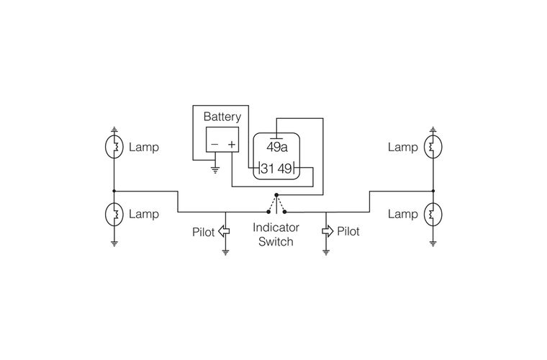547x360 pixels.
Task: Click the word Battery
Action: (x=222, y=117)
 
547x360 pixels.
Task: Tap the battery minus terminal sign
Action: (x=213, y=145)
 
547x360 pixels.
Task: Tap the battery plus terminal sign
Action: (x=232, y=145)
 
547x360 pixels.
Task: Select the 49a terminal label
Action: (x=277, y=148)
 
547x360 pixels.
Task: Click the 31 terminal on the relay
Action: (x=267, y=169)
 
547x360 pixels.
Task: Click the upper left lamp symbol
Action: (x=114, y=147)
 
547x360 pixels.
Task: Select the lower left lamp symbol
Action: (x=114, y=214)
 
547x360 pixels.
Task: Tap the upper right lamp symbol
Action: (x=433, y=147)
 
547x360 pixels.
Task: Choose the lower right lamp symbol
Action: (x=433, y=214)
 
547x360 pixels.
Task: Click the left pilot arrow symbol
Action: (x=224, y=232)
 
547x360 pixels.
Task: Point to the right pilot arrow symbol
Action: (x=327, y=232)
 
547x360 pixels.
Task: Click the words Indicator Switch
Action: (x=276, y=235)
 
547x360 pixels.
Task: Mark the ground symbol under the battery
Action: (x=214, y=171)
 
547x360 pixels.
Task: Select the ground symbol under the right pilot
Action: (x=327, y=252)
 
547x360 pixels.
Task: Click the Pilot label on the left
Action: (x=203, y=232)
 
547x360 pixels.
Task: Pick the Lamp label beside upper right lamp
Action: (x=402, y=147)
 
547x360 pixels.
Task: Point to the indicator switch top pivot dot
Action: (x=276, y=194)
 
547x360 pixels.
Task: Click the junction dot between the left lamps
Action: (x=114, y=191)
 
